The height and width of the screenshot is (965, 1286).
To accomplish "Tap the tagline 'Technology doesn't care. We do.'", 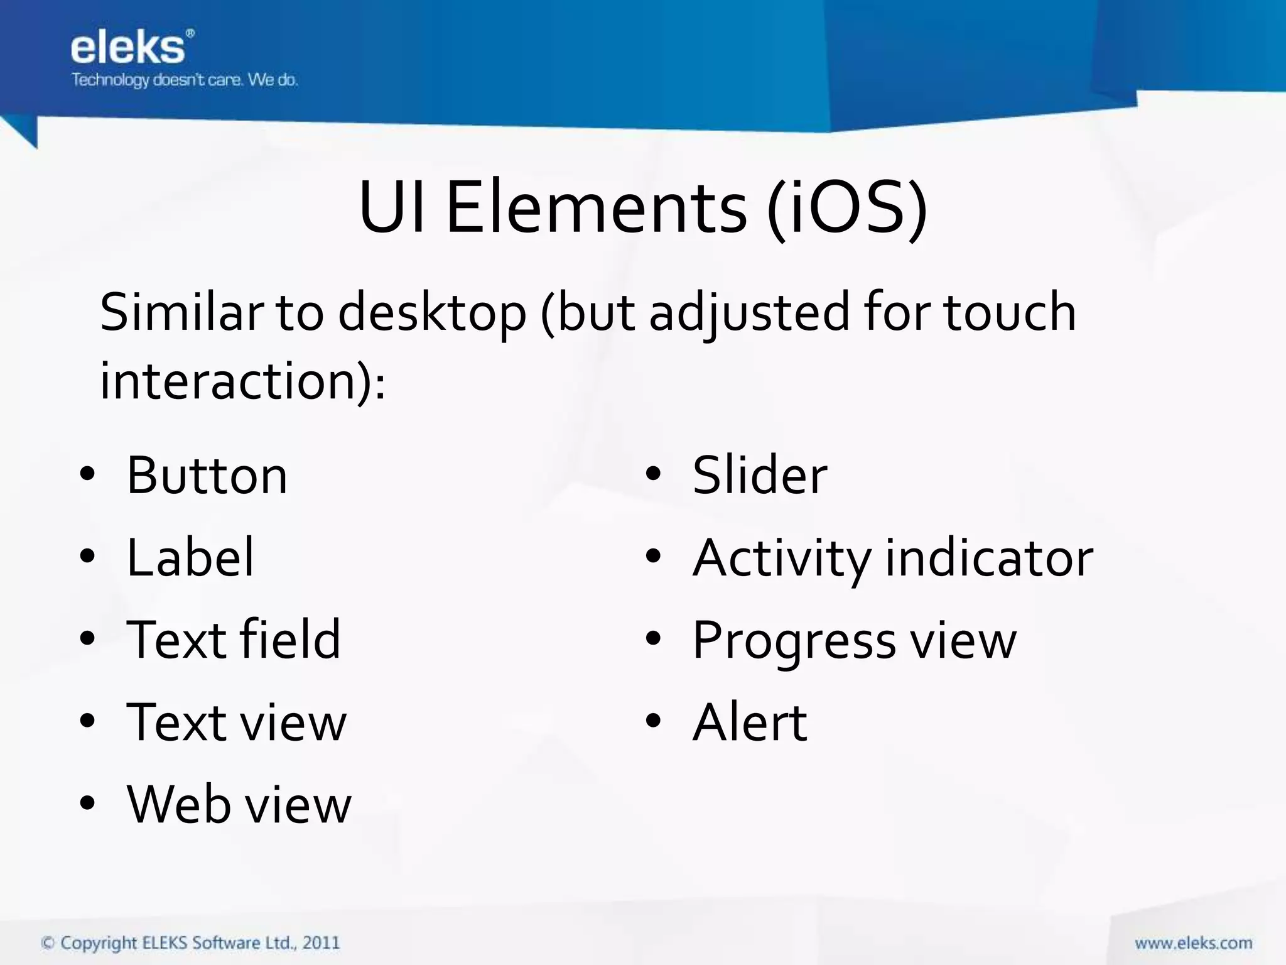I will (x=185, y=80).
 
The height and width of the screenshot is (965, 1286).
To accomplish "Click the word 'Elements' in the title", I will (x=596, y=207).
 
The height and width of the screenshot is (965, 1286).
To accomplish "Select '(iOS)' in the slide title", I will (x=846, y=207).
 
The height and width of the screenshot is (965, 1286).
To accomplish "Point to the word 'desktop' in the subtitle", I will (x=432, y=313).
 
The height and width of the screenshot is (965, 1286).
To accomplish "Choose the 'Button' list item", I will (x=207, y=476).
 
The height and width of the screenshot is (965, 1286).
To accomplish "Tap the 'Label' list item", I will (x=190, y=558).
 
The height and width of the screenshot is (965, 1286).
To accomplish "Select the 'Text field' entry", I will (x=234, y=640).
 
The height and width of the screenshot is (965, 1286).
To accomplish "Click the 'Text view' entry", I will (x=236, y=722).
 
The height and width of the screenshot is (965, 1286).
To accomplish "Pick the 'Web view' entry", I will (x=239, y=805).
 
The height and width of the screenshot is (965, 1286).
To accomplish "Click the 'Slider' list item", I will (x=760, y=476).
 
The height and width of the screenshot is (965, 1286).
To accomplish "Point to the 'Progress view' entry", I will (x=854, y=640).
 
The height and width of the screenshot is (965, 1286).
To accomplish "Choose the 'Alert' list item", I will (x=750, y=722).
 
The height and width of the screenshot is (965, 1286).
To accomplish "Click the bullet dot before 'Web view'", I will (x=87, y=804).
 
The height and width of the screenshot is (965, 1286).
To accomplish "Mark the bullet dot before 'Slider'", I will (x=653, y=474).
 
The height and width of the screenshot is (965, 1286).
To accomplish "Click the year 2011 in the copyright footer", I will (x=321, y=942).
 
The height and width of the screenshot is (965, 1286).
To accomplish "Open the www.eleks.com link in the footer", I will (x=1193, y=943).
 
